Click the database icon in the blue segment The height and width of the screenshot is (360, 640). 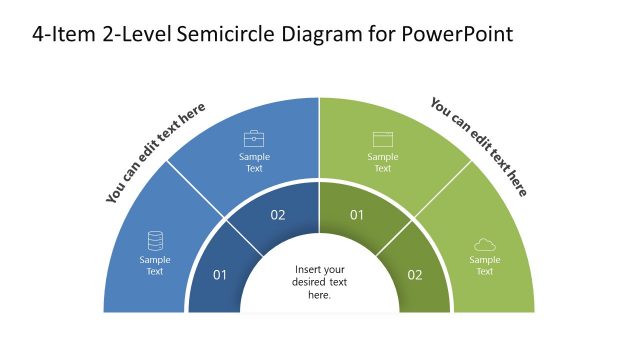(155, 241)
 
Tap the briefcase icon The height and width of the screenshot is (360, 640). (254, 138)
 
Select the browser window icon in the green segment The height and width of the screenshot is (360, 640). (382, 139)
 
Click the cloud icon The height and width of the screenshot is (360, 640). (484, 245)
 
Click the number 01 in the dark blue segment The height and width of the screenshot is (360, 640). (220, 275)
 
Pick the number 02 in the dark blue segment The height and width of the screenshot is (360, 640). (278, 215)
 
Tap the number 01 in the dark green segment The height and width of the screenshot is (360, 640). (357, 215)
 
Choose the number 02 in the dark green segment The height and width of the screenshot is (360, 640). (415, 275)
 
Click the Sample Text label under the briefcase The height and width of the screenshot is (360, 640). (254, 162)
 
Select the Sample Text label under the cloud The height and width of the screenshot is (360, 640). (484, 265)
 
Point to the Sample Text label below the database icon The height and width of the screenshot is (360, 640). (155, 265)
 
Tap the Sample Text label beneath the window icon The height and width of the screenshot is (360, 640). (382, 162)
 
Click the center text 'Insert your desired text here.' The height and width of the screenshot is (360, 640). (319, 282)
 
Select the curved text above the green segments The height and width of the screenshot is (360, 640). (479, 146)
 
